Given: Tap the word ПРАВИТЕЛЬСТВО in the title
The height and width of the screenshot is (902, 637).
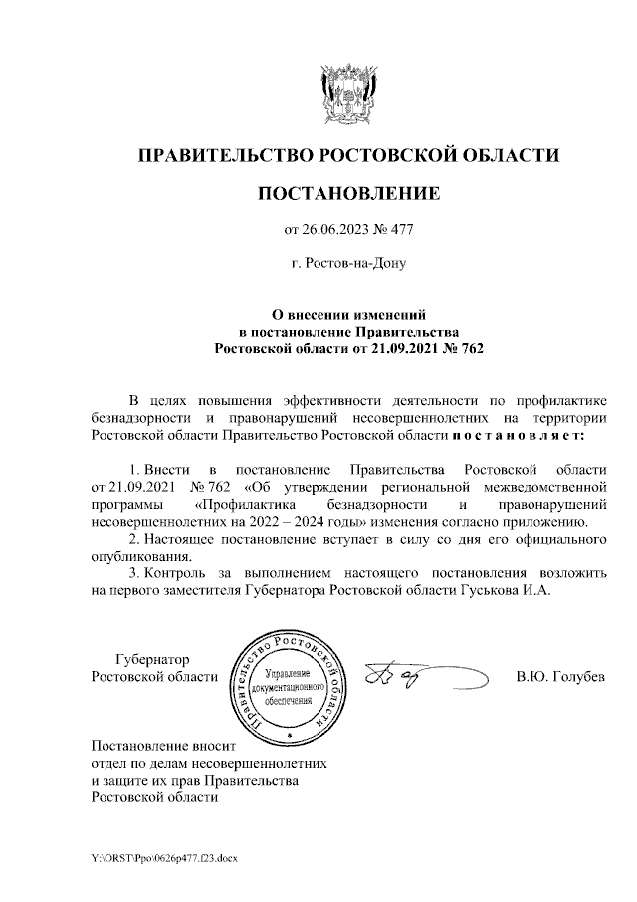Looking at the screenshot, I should [222, 155].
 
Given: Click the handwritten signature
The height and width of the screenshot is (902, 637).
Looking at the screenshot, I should [408, 677].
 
